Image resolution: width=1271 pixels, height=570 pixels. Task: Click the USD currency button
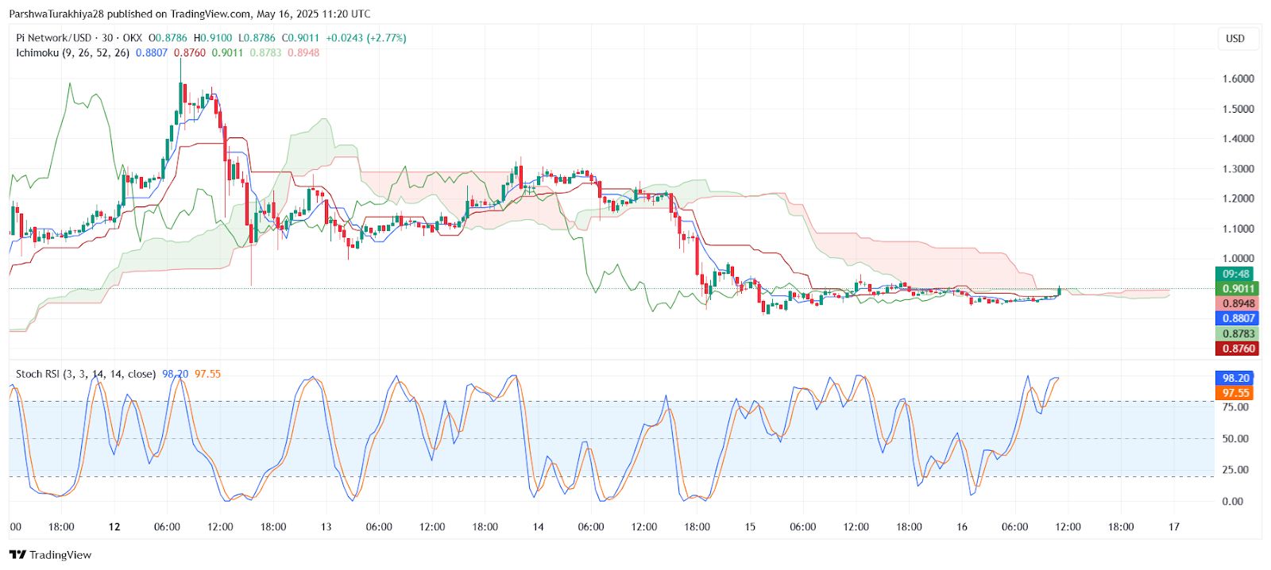pos(1235,38)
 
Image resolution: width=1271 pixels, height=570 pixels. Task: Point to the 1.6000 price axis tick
pos(1238,79)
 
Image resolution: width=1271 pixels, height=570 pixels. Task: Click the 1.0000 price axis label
pos(1238,258)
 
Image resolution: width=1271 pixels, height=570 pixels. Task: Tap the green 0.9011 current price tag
pos(1238,289)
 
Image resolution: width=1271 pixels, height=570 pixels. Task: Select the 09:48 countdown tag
pos(1236,274)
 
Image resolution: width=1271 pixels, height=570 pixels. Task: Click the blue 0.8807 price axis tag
pos(1238,318)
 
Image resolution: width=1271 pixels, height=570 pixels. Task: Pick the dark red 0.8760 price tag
pos(1238,349)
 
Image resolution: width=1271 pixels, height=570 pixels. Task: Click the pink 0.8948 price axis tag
pos(1238,303)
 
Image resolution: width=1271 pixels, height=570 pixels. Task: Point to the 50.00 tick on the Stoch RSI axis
pos(1234,438)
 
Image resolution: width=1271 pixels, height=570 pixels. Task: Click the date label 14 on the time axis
pos(538,526)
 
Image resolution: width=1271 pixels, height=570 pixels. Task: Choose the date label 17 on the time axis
pos(1174,526)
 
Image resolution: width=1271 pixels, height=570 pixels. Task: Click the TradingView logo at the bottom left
pos(51,555)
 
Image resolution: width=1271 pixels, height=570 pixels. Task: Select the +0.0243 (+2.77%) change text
pos(366,38)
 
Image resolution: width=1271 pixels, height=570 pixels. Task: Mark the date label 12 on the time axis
pos(114,526)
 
